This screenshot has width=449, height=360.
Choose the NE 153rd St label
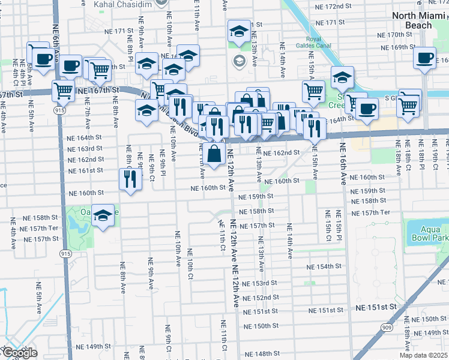260,283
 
